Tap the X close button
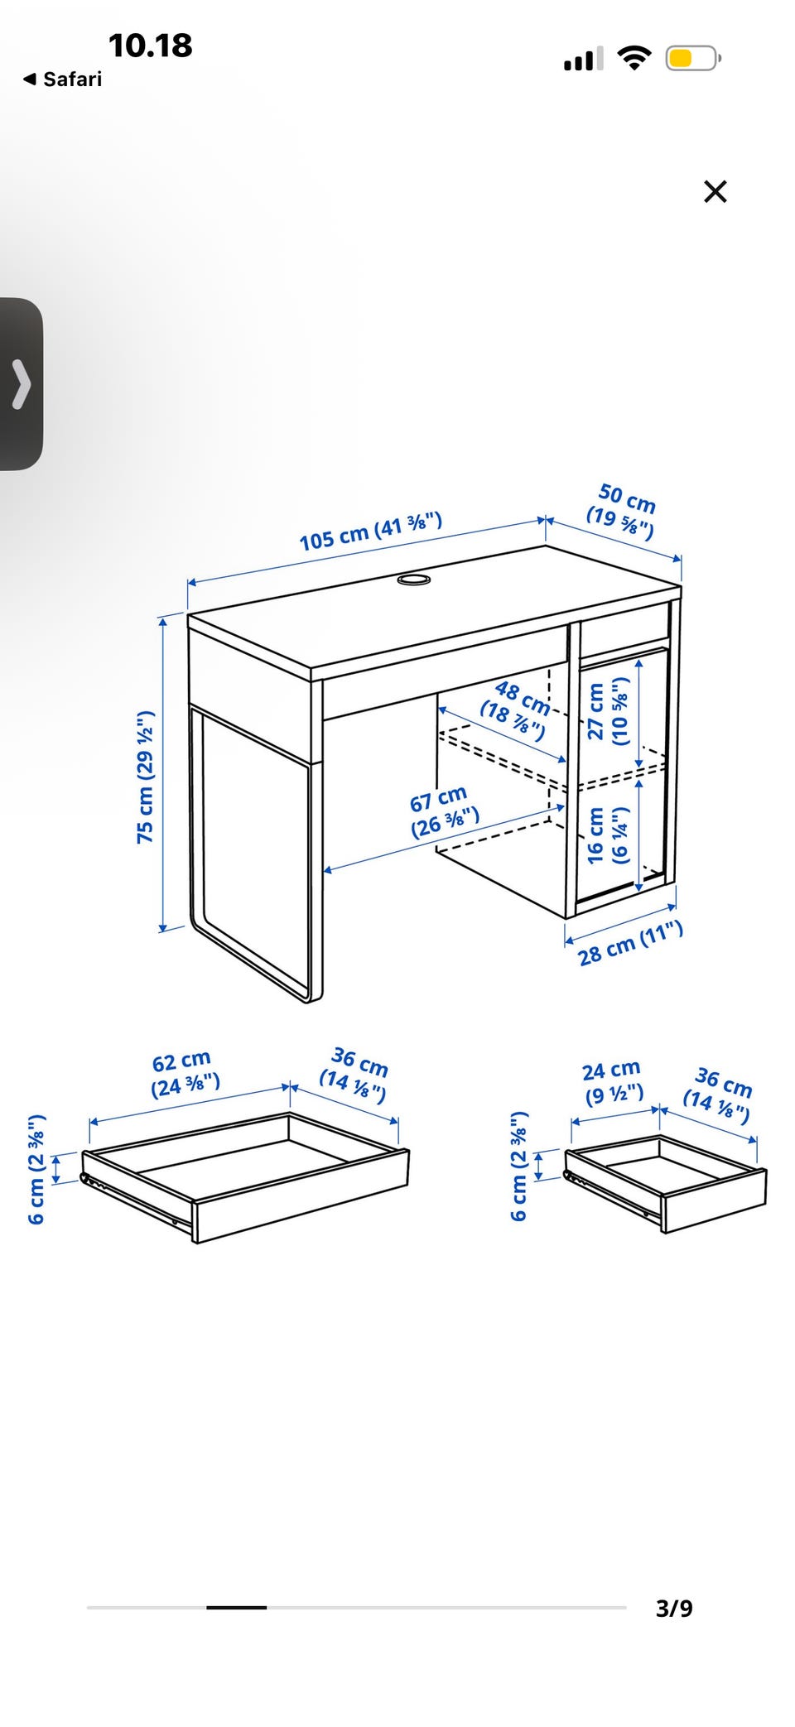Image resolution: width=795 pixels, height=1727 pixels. [715, 191]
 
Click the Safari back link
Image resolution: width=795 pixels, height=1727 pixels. [63, 79]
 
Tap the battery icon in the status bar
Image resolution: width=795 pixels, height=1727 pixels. [693, 58]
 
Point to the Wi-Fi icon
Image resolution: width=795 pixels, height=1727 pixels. [634, 58]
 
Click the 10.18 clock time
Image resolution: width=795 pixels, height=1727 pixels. [150, 46]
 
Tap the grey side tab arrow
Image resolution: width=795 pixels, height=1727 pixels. [21, 384]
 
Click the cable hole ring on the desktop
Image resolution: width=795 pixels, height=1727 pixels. [413, 580]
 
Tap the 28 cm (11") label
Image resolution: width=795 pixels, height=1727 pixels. [630, 944]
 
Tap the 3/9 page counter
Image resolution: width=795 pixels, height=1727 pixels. [674, 1608]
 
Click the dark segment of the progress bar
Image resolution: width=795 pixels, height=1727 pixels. [237, 1607]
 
